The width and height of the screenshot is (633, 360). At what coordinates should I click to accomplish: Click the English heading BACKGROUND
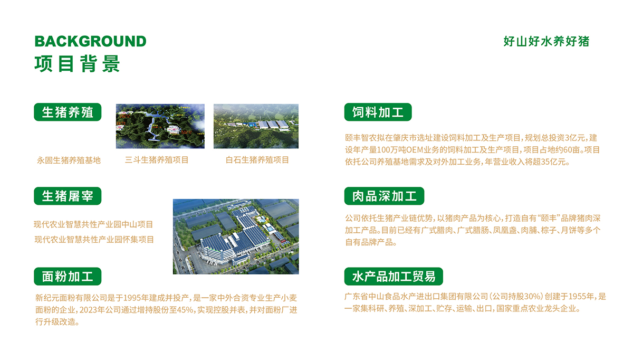tap(90, 41)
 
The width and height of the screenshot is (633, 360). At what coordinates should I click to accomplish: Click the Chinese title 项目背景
tap(78, 63)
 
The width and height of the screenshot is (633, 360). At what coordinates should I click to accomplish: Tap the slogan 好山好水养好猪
tap(546, 42)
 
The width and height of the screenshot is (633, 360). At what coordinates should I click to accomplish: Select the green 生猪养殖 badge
tap(68, 112)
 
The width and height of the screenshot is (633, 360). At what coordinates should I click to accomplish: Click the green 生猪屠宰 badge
tap(68, 196)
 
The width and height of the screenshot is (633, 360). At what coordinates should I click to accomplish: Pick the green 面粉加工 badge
tap(68, 276)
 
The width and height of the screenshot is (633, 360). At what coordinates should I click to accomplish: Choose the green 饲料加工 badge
tap(378, 112)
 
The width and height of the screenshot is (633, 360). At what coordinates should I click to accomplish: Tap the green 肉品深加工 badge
tap(384, 196)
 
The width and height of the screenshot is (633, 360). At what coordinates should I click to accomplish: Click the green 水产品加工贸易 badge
tap(394, 276)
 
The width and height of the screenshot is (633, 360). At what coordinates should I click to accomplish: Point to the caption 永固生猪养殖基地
tap(69, 160)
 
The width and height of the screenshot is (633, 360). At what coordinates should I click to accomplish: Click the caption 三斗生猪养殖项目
tap(157, 159)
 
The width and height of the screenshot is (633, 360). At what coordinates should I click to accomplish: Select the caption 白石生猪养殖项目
tap(257, 159)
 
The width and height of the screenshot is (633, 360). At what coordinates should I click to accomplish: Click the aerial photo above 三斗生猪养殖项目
tap(160, 126)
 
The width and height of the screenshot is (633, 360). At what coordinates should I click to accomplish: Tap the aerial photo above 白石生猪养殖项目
tap(256, 126)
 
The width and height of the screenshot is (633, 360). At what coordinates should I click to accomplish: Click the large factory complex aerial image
tap(236, 236)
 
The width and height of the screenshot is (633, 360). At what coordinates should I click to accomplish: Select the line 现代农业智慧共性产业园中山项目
tap(93, 224)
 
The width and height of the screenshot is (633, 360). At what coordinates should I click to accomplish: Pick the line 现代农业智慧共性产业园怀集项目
tap(94, 239)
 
